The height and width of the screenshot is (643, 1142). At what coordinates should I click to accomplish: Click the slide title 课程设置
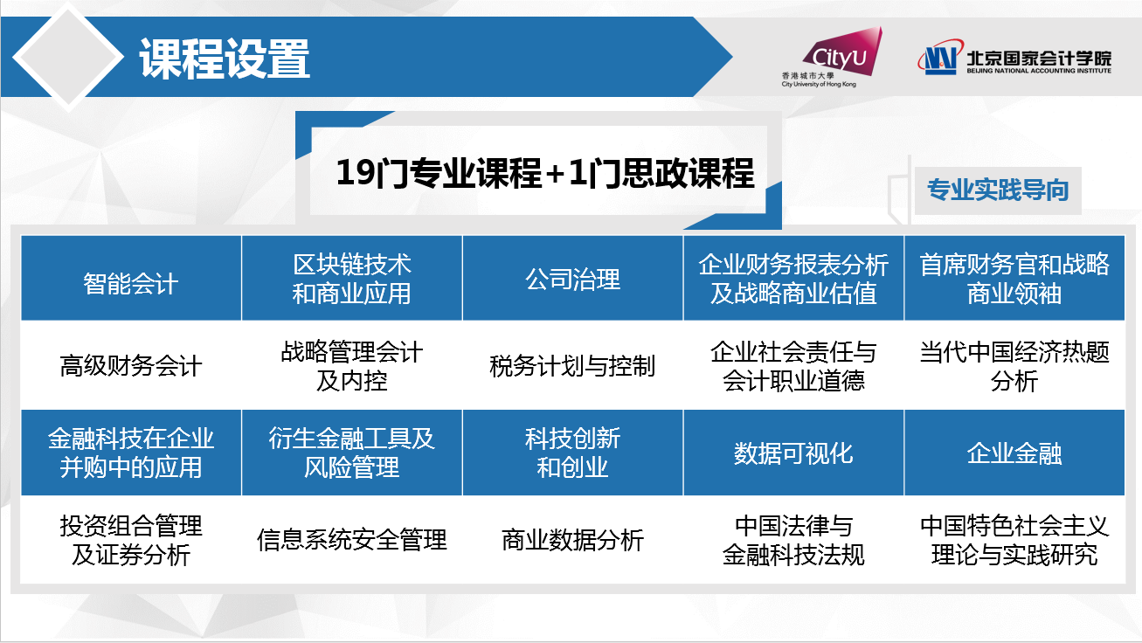pyautogui.click(x=225, y=59)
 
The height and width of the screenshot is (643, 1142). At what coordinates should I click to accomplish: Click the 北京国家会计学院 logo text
pyautogui.click(x=1039, y=62)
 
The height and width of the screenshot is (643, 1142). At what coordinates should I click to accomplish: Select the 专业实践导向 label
pyautogui.click(x=998, y=190)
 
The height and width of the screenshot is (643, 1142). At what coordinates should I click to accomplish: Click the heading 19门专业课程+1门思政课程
pyautogui.click(x=545, y=173)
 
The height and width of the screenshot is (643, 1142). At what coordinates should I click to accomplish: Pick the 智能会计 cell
pyautogui.click(x=131, y=279)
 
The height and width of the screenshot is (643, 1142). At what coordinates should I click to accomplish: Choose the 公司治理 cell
pyautogui.click(x=572, y=279)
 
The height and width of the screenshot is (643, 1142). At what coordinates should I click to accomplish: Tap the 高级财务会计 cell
pyautogui.click(x=131, y=365)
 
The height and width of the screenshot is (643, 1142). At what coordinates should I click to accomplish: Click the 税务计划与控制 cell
pyautogui.click(x=572, y=365)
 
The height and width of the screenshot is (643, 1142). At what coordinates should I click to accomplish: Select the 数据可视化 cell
pyautogui.click(x=793, y=453)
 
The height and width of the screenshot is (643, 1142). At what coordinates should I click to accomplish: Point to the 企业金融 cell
pyautogui.click(x=1014, y=453)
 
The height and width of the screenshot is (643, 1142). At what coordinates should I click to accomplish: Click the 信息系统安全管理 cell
pyautogui.click(x=352, y=540)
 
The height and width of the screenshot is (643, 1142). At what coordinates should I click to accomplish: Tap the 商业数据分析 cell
pyautogui.click(x=572, y=540)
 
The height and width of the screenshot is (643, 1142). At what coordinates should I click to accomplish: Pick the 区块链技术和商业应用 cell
pyautogui.click(x=352, y=279)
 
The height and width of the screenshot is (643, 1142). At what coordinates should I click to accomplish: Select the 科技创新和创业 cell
pyautogui.click(x=572, y=453)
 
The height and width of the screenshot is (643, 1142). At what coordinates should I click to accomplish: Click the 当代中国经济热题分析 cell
pyautogui.click(x=1014, y=365)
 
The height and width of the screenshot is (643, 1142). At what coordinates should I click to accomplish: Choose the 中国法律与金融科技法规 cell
pyautogui.click(x=793, y=540)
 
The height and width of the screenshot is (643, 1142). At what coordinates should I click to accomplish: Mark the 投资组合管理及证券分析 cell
pyautogui.click(x=131, y=540)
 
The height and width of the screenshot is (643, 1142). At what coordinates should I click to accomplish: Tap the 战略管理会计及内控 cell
pyautogui.click(x=352, y=365)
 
